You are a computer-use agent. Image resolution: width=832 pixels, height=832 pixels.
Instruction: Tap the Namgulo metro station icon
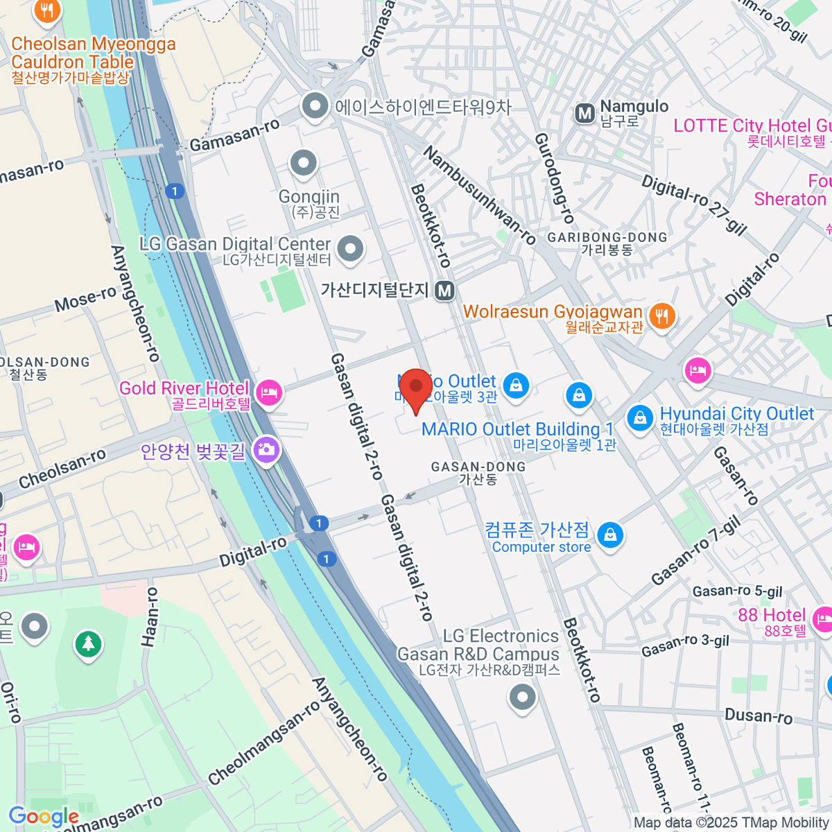pos(585,113)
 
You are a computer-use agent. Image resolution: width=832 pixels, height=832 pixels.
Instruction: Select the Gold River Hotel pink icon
pos(268,393)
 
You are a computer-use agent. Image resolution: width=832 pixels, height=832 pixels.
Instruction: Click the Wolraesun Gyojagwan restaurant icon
pos(663,316)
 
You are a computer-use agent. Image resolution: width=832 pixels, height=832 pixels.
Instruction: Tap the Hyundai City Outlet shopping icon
pos(639,417)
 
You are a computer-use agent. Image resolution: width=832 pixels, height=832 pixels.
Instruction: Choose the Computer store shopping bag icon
pos(610,535)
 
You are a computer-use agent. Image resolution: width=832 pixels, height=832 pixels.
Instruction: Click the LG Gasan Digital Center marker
pos(350,248)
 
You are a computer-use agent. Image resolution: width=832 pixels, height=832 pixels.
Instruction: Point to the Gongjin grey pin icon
pos(303,164)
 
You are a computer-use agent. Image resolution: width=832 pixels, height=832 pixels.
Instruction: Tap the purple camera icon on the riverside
pos(266,449)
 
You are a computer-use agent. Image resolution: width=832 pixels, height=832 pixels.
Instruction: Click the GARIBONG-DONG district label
pos(607,238)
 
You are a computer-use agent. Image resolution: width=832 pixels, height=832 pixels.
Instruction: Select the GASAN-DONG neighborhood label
pos(478,467)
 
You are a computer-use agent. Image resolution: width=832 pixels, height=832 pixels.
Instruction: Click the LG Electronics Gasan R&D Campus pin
pos(522,696)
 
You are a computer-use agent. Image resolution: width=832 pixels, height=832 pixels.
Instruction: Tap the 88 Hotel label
pos(771,616)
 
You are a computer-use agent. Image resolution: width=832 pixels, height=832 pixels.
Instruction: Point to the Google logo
pos(43,817)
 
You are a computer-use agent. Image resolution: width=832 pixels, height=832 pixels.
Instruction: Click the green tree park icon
pos(88,644)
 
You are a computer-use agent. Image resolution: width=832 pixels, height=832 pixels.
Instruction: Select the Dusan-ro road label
pos(758,716)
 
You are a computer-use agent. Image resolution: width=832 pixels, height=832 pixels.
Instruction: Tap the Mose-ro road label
pos(85,299)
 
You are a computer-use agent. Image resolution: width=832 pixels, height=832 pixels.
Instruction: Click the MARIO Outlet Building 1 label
pos(517,429)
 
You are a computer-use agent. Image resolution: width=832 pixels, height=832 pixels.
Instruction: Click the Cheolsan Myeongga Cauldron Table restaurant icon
pos(47,10)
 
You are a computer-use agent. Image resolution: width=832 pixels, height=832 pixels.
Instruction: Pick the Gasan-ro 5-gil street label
pos(737,591)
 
